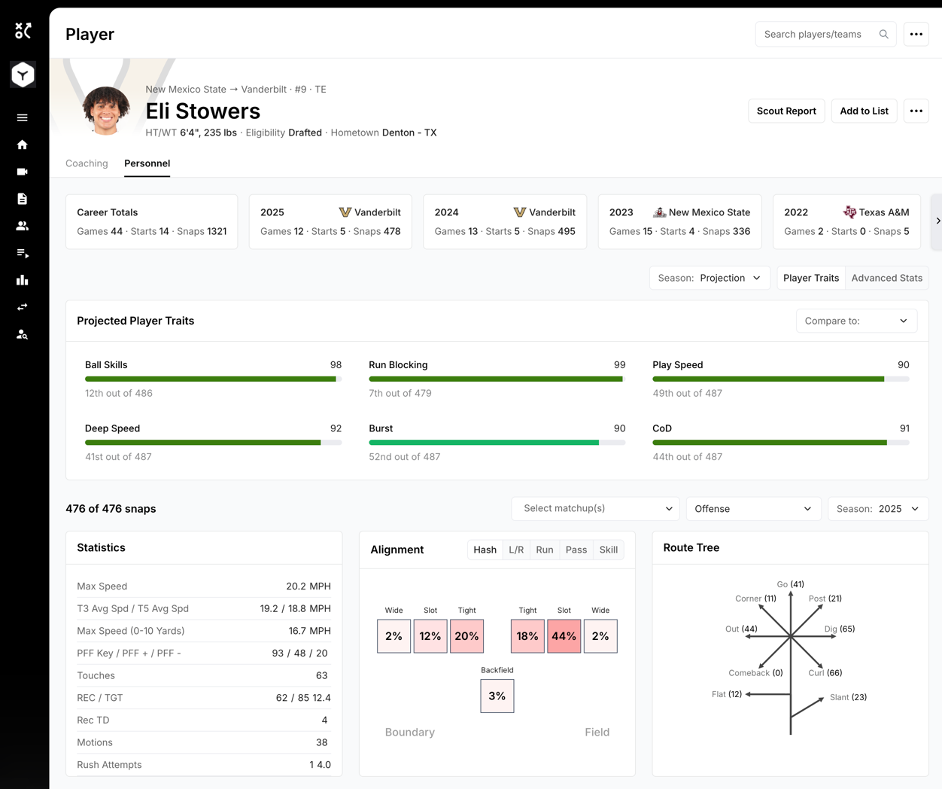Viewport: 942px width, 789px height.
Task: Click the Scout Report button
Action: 786,111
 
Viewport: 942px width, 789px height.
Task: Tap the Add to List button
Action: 864,111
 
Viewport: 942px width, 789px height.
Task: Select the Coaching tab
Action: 87,163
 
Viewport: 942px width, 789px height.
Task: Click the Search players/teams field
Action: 825,35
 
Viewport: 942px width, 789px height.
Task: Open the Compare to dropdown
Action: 856,321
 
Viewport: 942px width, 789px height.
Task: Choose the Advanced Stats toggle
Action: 886,278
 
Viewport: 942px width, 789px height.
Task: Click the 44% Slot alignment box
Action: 564,636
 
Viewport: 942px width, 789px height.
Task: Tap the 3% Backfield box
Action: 497,696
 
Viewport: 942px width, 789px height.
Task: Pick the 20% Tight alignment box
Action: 466,636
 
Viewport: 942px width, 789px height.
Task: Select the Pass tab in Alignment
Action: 576,550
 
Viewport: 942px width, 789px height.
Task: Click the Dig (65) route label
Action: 839,629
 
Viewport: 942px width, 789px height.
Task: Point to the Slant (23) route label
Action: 848,697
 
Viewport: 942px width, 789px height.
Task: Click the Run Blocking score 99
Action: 619,364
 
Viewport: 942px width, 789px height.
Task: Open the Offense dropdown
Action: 753,509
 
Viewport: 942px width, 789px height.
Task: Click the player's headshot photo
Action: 106,111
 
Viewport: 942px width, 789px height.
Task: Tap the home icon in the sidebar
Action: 22,145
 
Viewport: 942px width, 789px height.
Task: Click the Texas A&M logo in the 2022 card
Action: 849,212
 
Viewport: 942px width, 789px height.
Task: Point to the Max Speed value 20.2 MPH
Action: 308,586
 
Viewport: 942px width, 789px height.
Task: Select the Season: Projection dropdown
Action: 710,278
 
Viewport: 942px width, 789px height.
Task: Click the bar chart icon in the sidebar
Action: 22,280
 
